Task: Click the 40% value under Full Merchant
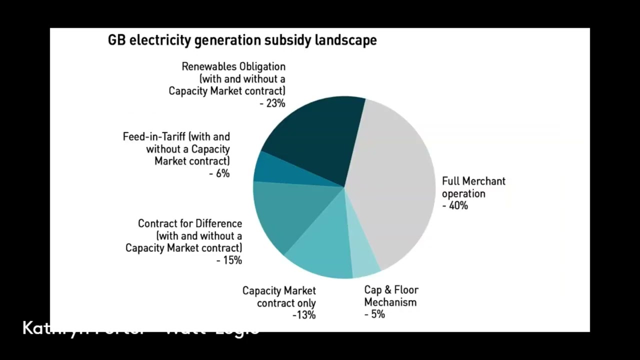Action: pos(458,205)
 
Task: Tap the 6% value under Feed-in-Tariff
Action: pos(222,173)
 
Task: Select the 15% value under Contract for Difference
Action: pos(232,260)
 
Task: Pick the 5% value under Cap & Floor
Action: pos(377,314)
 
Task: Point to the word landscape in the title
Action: pos(345,40)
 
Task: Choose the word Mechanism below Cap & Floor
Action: pos(390,302)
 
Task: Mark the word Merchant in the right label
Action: pos(483,181)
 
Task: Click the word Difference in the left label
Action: pos(218,223)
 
